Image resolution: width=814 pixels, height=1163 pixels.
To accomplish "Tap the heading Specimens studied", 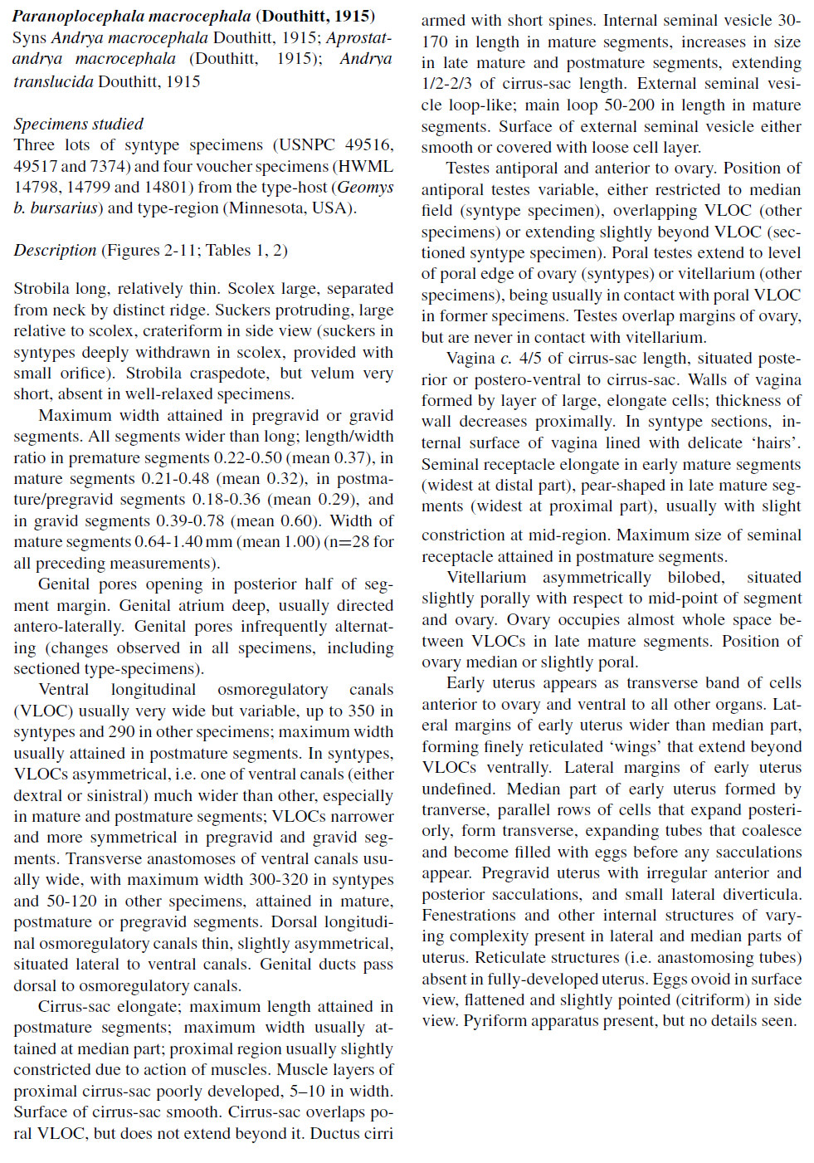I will [78, 124].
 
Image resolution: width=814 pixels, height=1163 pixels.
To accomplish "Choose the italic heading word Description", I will [55, 250].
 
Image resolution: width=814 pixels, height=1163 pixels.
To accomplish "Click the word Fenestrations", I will [465, 916].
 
